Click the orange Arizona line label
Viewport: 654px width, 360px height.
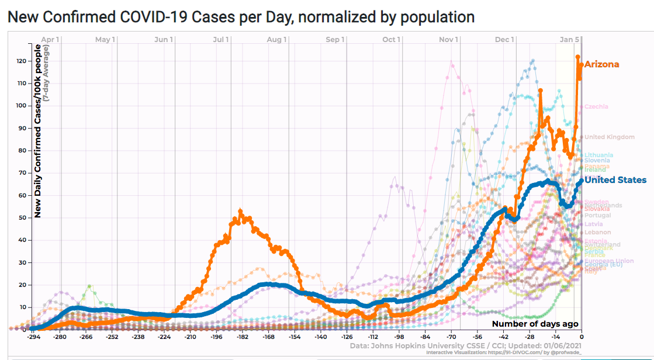[x=601, y=64]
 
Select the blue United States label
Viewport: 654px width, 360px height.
[x=615, y=180]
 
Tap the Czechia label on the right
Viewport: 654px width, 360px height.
[x=596, y=106]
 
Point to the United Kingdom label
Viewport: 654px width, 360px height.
[x=609, y=137]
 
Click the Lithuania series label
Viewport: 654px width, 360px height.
[x=598, y=155]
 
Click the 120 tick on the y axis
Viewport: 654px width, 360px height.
[x=20, y=61]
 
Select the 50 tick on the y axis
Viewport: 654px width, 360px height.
[x=22, y=217]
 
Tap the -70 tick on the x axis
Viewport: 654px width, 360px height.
[x=451, y=337]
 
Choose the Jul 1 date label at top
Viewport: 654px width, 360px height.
[x=221, y=40]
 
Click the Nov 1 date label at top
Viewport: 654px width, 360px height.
[x=448, y=40]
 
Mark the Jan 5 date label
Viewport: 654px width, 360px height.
[x=569, y=40]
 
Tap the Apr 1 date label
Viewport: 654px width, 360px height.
[x=51, y=40]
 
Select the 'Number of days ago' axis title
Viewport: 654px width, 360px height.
[x=535, y=324]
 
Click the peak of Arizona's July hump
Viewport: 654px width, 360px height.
[x=241, y=211]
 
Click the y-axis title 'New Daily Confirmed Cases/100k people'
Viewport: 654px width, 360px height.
[x=37, y=140]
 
